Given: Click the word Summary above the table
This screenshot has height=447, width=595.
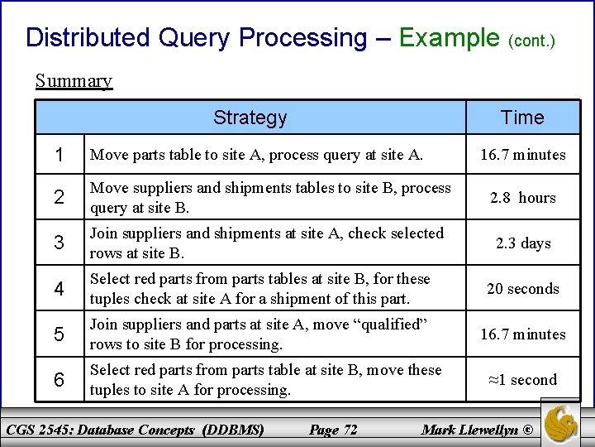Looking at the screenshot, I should pyautogui.click(x=74, y=81).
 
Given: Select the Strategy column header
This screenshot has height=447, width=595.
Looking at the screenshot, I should pyautogui.click(x=250, y=118).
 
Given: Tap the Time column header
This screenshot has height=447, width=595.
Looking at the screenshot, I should pyautogui.click(x=522, y=118).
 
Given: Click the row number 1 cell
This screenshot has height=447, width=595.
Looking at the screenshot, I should pyautogui.click(x=59, y=155).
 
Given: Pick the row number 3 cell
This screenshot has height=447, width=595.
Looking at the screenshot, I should pyautogui.click(x=59, y=243).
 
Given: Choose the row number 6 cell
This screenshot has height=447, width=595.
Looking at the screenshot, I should pyautogui.click(x=59, y=380).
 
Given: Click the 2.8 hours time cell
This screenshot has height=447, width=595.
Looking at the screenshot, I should pyautogui.click(x=522, y=198).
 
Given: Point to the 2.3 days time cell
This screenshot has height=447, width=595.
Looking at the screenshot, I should pyautogui.click(x=522, y=243).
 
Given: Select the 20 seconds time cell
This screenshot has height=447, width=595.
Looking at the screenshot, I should pyautogui.click(x=522, y=289).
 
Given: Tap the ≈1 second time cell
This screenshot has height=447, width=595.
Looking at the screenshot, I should pyautogui.click(x=522, y=380).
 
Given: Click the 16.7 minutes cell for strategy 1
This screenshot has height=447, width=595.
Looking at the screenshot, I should pyautogui.click(x=522, y=155).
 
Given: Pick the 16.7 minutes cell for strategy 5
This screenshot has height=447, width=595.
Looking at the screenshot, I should pyautogui.click(x=522, y=334).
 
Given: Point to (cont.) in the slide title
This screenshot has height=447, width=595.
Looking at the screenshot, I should pyautogui.click(x=531, y=41).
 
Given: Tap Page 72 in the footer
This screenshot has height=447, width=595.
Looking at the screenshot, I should pyautogui.click(x=332, y=429).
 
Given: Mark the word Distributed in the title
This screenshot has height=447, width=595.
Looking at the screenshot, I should pyautogui.click(x=88, y=38).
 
